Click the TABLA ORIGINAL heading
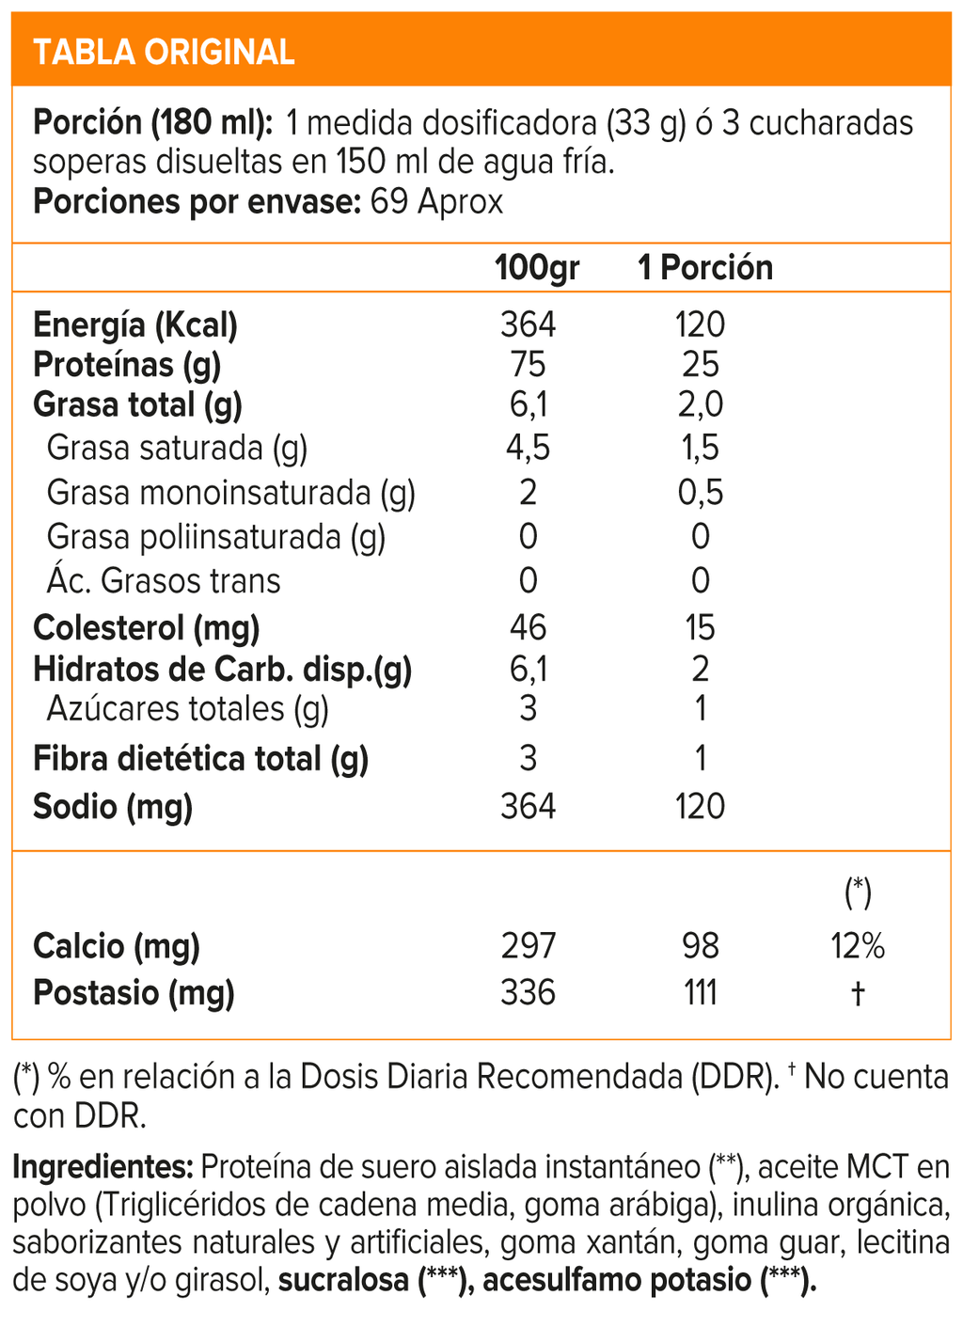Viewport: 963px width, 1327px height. pyautogui.click(x=164, y=52)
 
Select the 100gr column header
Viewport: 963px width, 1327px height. pyautogui.click(x=537, y=268)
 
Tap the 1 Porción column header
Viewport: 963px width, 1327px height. pyautogui.click(x=705, y=268)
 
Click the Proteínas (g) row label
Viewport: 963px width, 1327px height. pyautogui.click(x=127, y=365)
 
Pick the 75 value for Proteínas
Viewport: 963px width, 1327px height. pyautogui.click(x=528, y=365)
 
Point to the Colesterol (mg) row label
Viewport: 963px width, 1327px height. pyautogui.click(x=146, y=627)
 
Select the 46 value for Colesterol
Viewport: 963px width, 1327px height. pyautogui.click(x=528, y=627)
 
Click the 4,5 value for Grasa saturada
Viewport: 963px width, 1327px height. pyautogui.click(x=528, y=448)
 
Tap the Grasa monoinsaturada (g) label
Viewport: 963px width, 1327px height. pyautogui.click(x=230, y=493)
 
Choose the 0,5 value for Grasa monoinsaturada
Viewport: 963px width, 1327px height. pyautogui.click(x=701, y=493)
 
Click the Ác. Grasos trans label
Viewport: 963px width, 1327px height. pyautogui.click(x=164, y=581)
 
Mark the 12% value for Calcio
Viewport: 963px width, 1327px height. pyautogui.click(x=858, y=946)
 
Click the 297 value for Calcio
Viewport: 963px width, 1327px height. pyautogui.click(x=528, y=946)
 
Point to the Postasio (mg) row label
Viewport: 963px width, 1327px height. pyautogui.click(x=134, y=993)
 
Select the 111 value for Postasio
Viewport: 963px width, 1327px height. pyautogui.click(x=701, y=993)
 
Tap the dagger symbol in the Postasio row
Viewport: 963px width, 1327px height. pyautogui.click(x=858, y=993)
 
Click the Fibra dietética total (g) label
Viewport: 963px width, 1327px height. pyautogui.click(x=200, y=759)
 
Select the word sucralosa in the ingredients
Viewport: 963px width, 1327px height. pyautogui.click(x=343, y=1280)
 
